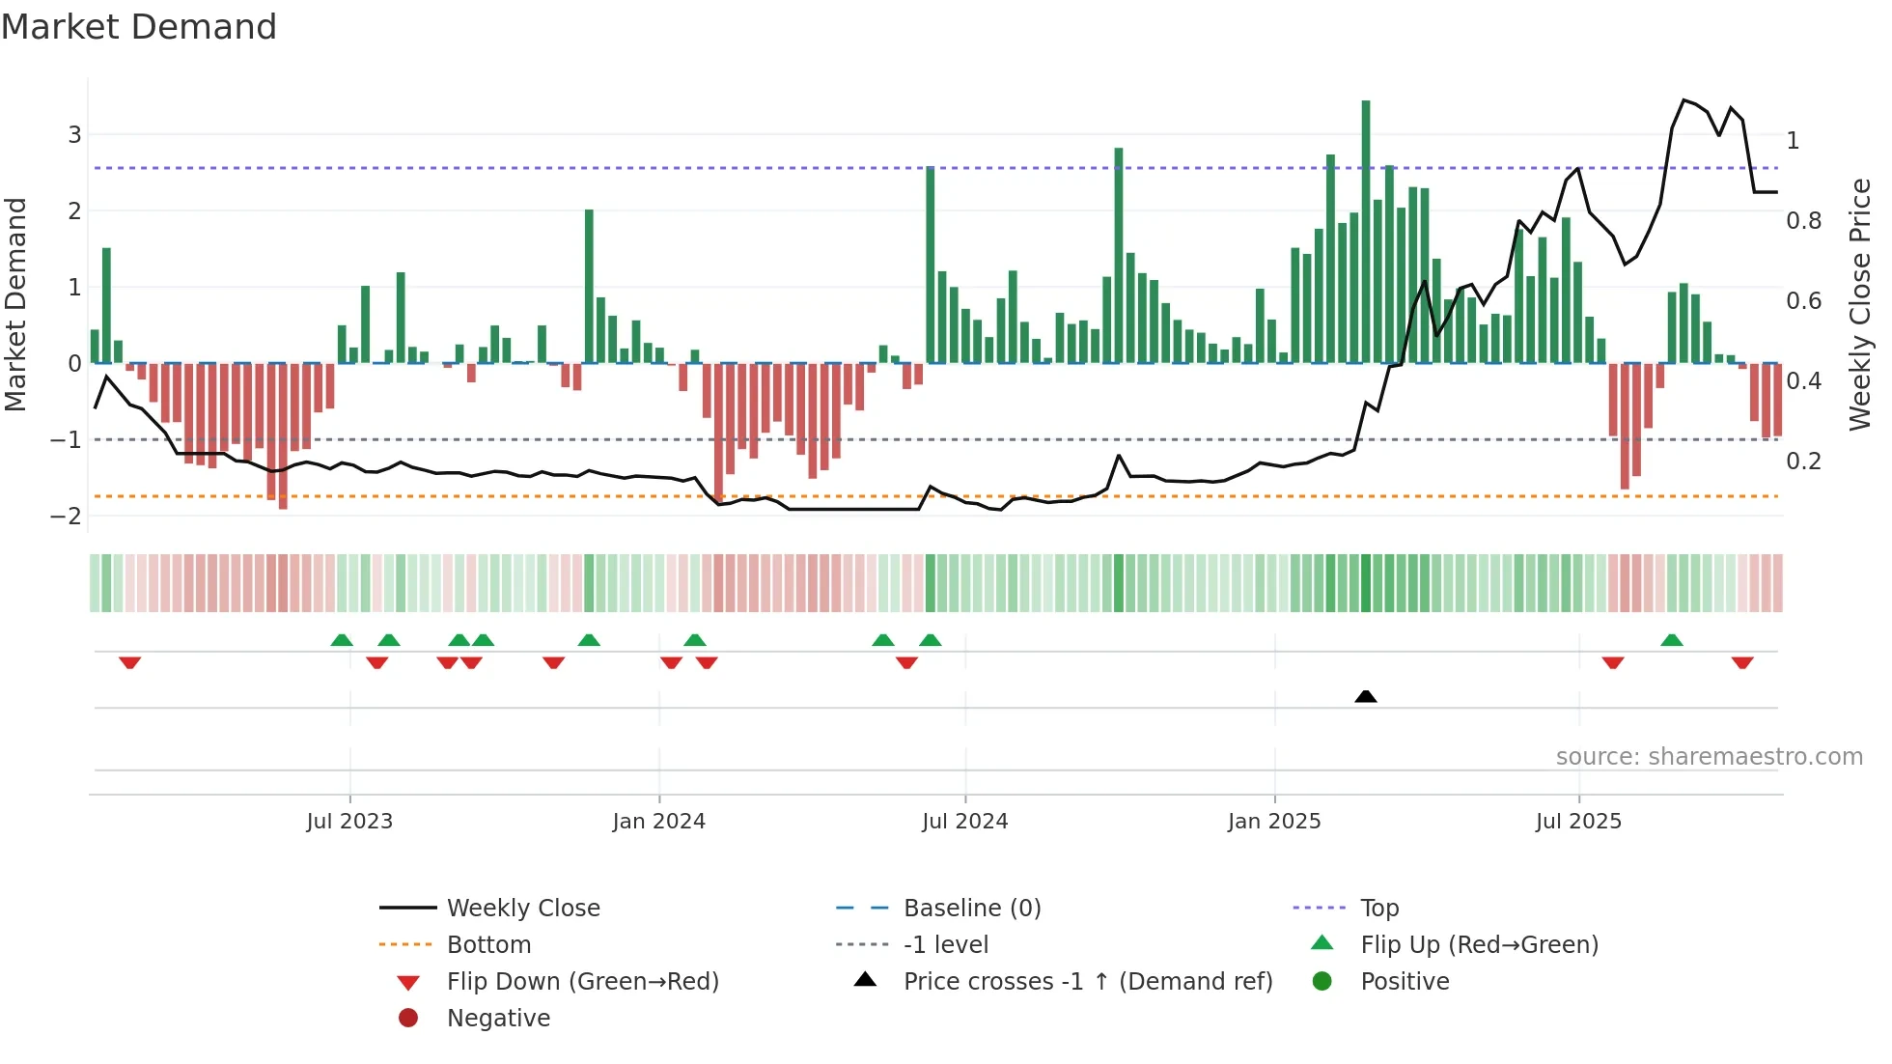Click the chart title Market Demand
[x=139, y=27]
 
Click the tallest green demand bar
[x=1366, y=232]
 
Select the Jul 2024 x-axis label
[x=964, y=822]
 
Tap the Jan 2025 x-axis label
[x=1274, y=822]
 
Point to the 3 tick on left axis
[x=74, y=135]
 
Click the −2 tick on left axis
[x=67, y=517]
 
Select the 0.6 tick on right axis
[x=1803, y=301]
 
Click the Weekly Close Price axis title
[x=1859, y=304]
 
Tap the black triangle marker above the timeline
[x=1366, y=696]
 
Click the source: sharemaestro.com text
[x=1709, y=757]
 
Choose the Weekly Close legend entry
[x=522, y=909]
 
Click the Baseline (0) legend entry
[x=971, y=909]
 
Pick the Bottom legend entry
[x=488, y=945]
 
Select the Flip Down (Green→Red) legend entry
[x=582, y=982]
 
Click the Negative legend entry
[x=498, y=1019]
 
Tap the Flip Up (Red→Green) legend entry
[x=1479, y=945]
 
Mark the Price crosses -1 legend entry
[x=1087, y=982]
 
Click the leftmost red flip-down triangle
[x=130, y=662]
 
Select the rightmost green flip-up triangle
[x=1672, y=640]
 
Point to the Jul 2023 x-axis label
[x=349, y=822]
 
